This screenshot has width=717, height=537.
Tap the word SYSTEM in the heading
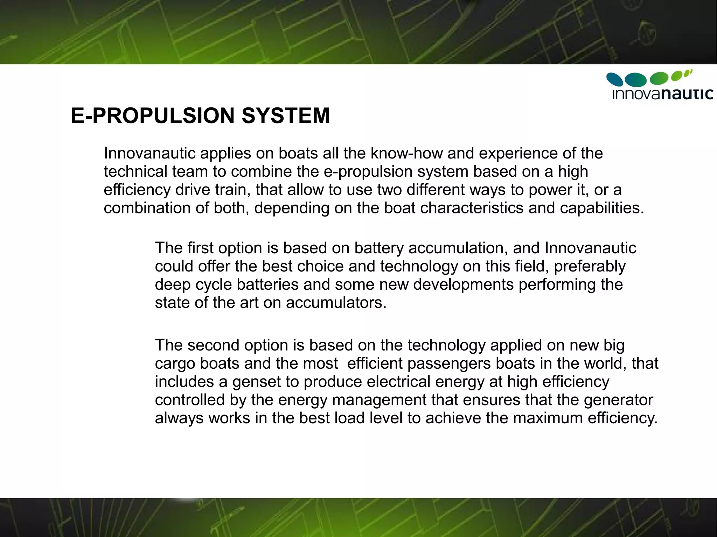(x=286, y=116)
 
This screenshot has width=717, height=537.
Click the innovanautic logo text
(x=663, y=94)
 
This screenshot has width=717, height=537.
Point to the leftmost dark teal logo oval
(x=614, y=79)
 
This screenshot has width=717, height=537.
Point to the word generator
(x=618, y=400)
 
